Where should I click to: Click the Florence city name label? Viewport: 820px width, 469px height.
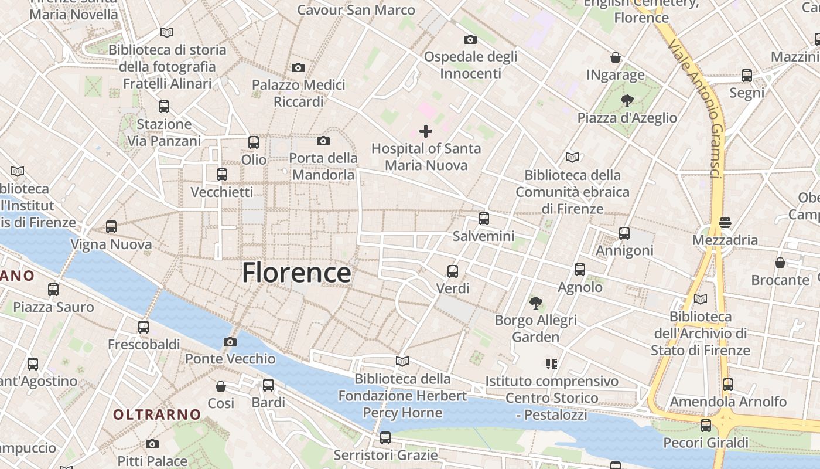(x=296, y=273)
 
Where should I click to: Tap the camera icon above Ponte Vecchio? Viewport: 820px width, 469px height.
(x=230, y=342)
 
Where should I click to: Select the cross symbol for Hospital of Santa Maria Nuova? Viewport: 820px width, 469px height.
(x=426, y=131)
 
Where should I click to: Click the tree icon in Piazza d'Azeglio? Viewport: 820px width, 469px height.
(x=627, y=100)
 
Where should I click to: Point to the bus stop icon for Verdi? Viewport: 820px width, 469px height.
(x=453, y=271)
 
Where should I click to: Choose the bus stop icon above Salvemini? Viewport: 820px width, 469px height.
(x=483, y=219)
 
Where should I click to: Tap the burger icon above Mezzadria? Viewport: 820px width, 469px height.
(x=725, y=223)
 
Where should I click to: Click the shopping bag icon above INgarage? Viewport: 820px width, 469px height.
(x=616, y=57)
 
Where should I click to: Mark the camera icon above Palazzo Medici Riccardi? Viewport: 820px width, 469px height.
(x=298, y=68)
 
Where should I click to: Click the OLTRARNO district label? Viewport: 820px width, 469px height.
(x=157, y=414)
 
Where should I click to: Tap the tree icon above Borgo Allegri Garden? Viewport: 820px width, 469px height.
(x=535, y=303)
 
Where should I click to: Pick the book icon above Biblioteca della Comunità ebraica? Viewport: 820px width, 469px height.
(x=572, y=157)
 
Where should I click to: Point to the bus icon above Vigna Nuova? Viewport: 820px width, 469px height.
(x=111, y=227)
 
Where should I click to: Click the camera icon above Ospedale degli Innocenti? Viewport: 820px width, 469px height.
(x=470, y=40)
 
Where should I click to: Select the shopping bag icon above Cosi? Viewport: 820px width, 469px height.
(x=221, y=386)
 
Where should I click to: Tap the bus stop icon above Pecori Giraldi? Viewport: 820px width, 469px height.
(x=706, y=425)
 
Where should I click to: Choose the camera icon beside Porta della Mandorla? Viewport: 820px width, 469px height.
(x=323, y=141)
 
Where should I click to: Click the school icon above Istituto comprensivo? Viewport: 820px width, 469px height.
(x=551, y=364)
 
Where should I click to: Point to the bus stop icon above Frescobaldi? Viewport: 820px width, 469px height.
(x=143, y=327)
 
